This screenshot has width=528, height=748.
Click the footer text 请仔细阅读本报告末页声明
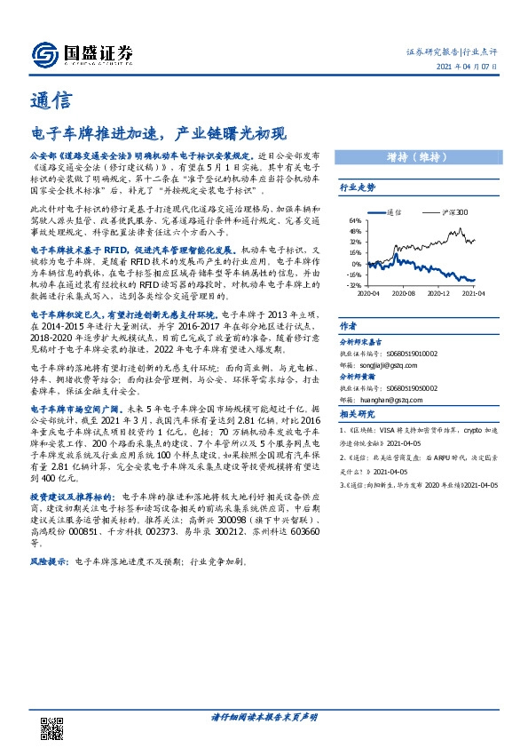[264, 716]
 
